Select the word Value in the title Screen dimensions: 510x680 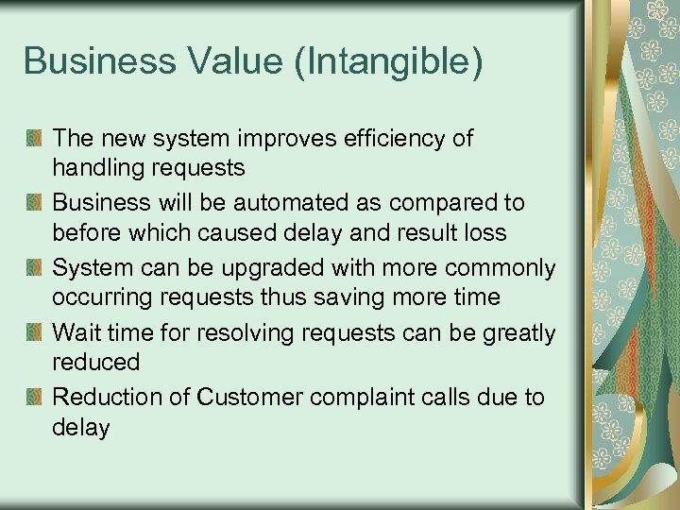(219, 62)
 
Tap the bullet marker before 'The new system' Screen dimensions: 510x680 (34, 139)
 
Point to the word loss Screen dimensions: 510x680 (485, 233)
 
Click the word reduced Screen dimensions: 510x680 (96, 363)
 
